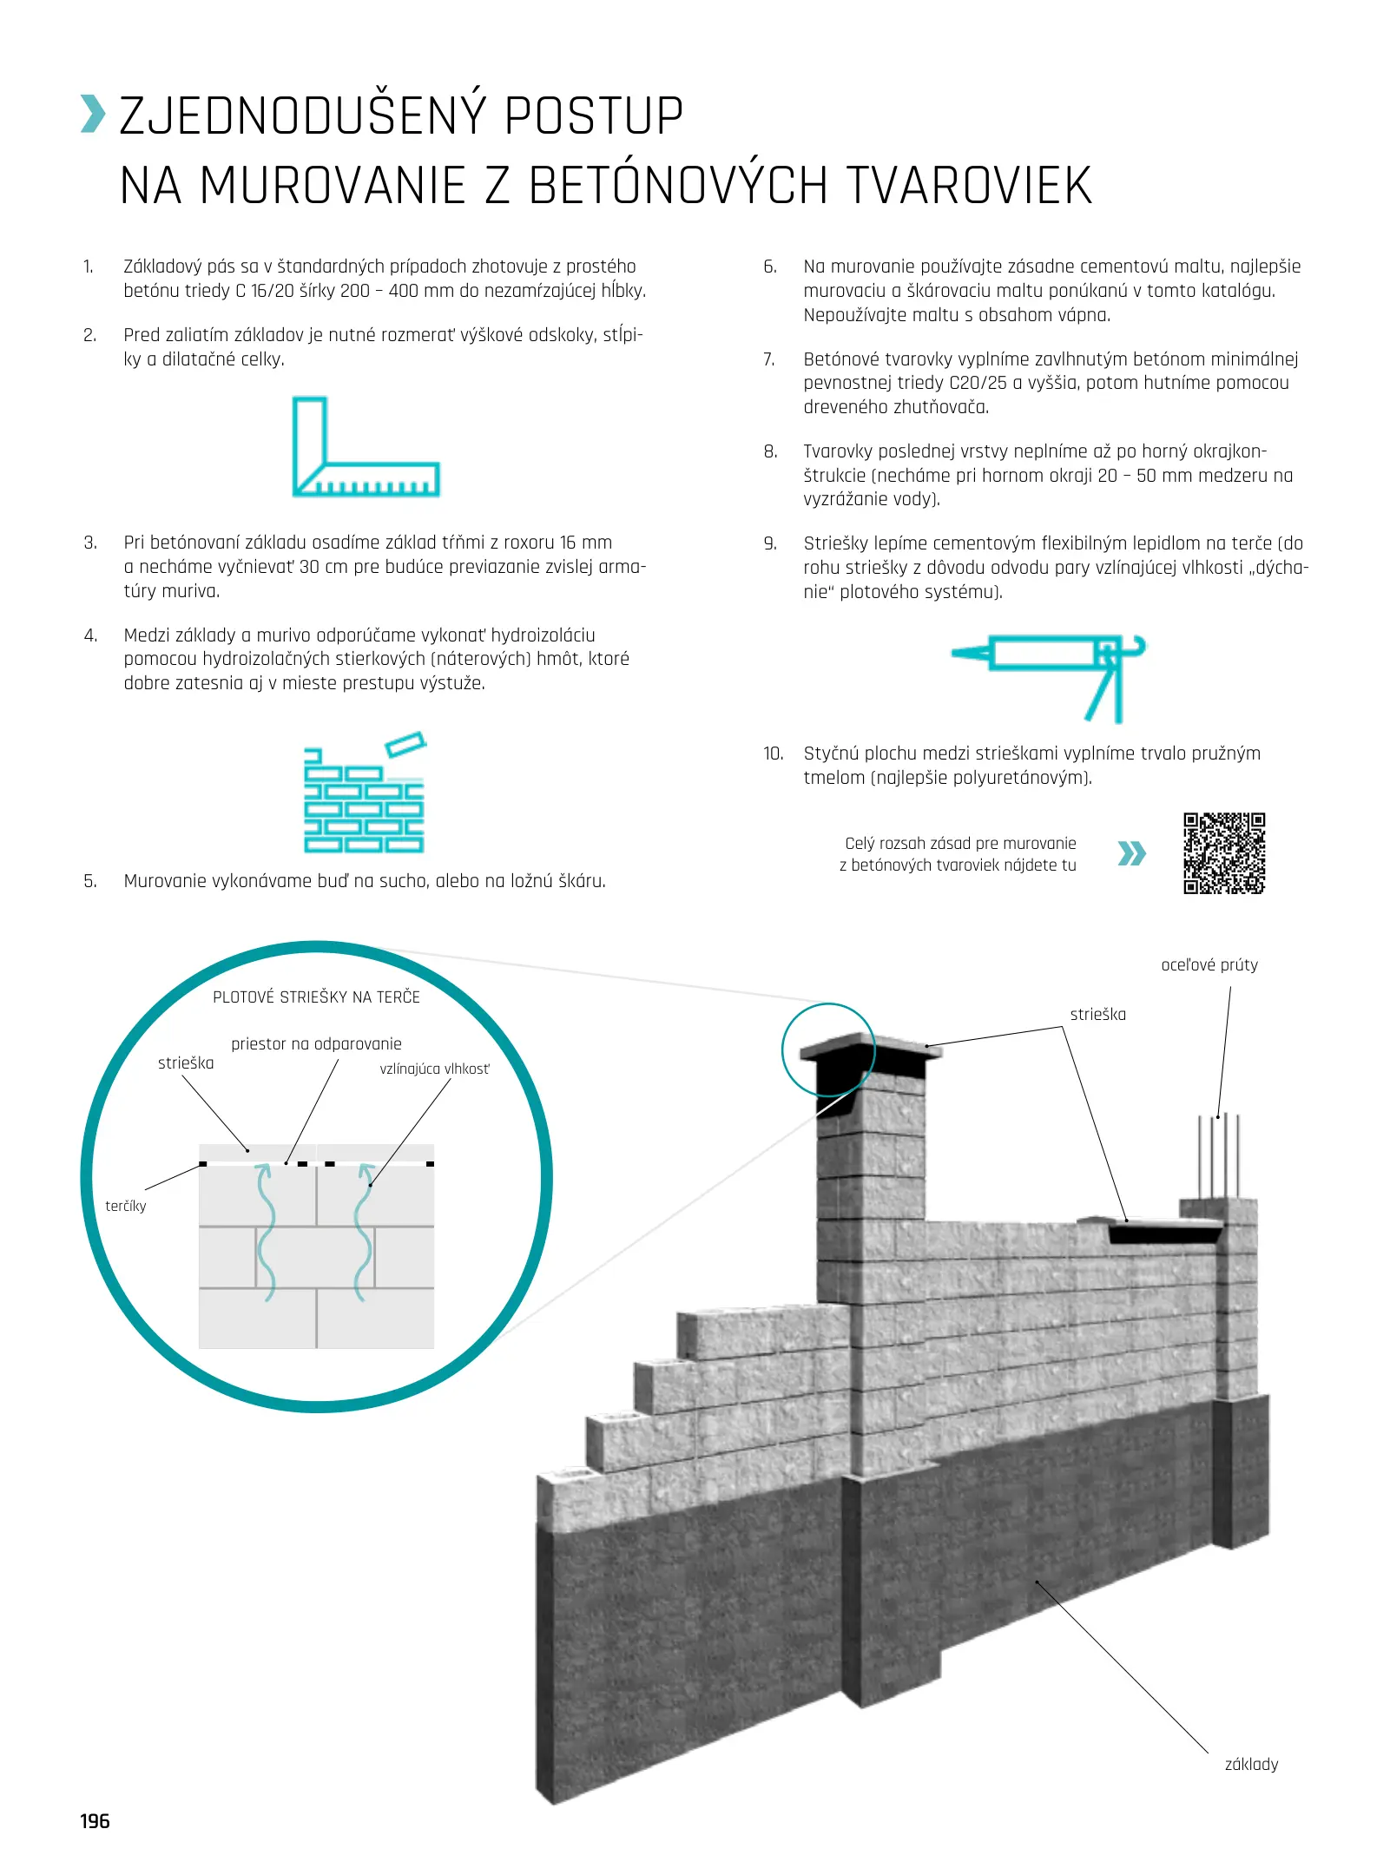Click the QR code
tap(1223, 852)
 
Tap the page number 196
tap(95, 1820)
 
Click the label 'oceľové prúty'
tap(1209, 964)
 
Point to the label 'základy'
tap(1250, 1763)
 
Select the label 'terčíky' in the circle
tap(126, 1206)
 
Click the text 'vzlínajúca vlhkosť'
tap(434, 1069)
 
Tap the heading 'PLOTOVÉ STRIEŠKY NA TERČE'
tap(316, 997)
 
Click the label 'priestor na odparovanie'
tap(316, 1043)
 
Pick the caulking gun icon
tap(1051, 675)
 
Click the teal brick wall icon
tap(364, 794)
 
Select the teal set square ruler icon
tap(365, 447)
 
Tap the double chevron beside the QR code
tap(1131, 853)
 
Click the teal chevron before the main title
tap(93, 115)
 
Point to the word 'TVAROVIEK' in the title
tap(968, 185)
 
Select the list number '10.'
tap(773, 753)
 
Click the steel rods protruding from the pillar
tap(1218, 1155)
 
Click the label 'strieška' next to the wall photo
tap(1097, 1014)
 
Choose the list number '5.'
tap(90, 881)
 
